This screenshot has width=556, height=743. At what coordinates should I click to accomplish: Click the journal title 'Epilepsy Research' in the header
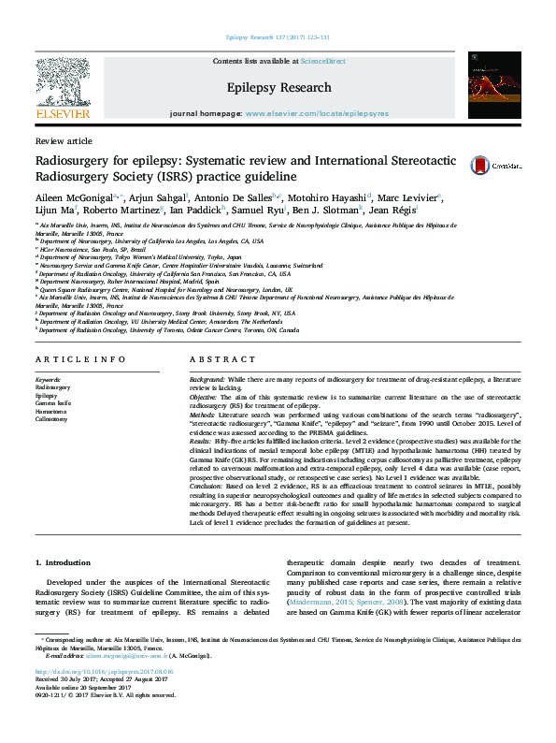pos(279,88)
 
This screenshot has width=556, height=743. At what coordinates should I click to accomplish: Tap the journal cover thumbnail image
pos(495,84)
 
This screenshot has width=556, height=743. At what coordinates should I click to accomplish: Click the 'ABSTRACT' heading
pos(216,359)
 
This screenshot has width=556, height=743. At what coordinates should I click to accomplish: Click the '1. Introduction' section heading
pos(64,562)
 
